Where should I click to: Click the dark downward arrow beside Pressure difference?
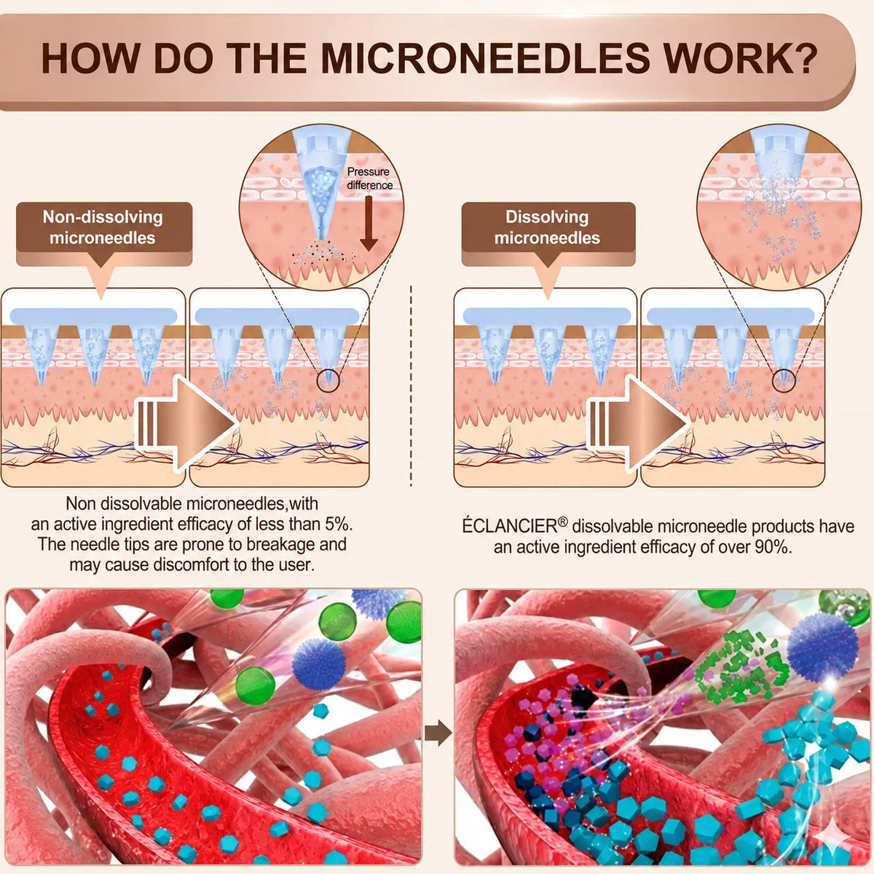tap(369, 223)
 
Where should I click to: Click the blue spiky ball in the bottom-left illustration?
tap(318, 663)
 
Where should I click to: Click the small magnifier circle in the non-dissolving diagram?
tap(328, 380)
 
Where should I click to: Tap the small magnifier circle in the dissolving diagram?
tap(784, 380)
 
